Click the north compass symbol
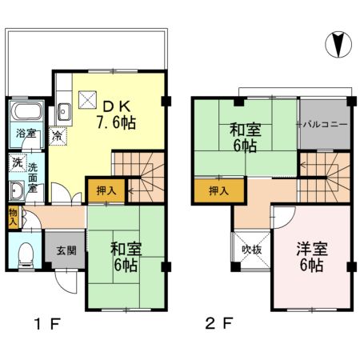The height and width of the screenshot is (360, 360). tap(338, 43)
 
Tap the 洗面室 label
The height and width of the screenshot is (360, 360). tap(34, 174)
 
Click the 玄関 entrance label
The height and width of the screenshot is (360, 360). tap(65, 250)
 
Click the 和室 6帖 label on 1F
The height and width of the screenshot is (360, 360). tap(126, 254)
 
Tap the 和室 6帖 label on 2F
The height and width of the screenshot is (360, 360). tap(244, 135)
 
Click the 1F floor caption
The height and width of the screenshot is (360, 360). tap(46, 326)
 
